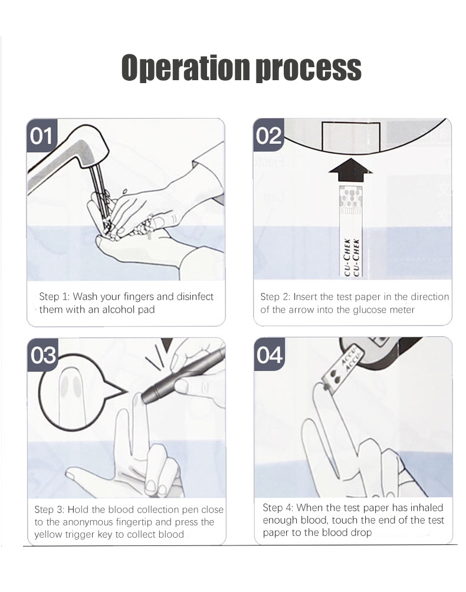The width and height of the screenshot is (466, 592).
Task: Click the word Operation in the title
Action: pyautogui.click(x=186, y=68)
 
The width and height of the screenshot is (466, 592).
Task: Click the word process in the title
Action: pyautogui.click(x=309, y=69)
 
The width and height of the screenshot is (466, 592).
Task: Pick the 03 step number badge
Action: pyautogui.click(x=43, y=356)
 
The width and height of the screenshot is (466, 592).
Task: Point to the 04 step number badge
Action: pyautogui.click(x=270, y=355)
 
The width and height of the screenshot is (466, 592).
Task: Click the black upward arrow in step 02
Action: pyautogui.click(x=350, y=171)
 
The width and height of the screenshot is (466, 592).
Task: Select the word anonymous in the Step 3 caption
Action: pyautogui.click(x=88, y=522)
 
